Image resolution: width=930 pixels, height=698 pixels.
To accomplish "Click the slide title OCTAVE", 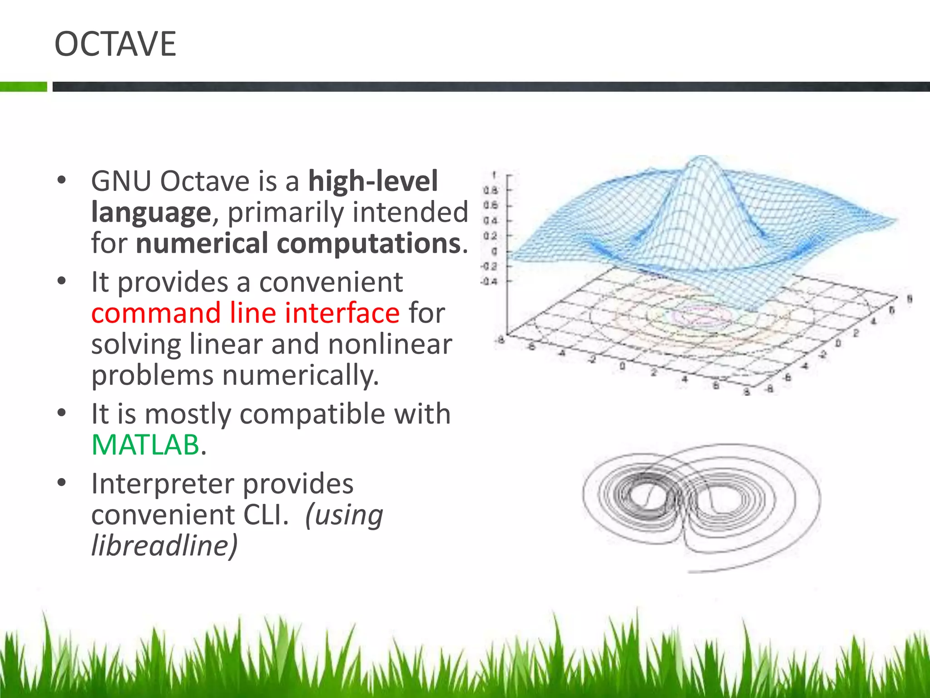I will [115, 44].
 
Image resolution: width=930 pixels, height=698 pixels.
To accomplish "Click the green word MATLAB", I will [145, 444].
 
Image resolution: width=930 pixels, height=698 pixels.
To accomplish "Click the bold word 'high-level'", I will [373, 181].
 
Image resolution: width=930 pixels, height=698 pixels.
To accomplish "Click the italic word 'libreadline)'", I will [164, 545].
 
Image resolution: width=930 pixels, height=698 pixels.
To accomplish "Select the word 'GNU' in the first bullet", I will [121, 181].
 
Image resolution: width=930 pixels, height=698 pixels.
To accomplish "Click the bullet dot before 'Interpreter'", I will [62, 482].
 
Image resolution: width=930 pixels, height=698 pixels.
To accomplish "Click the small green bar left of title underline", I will [23, 86].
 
